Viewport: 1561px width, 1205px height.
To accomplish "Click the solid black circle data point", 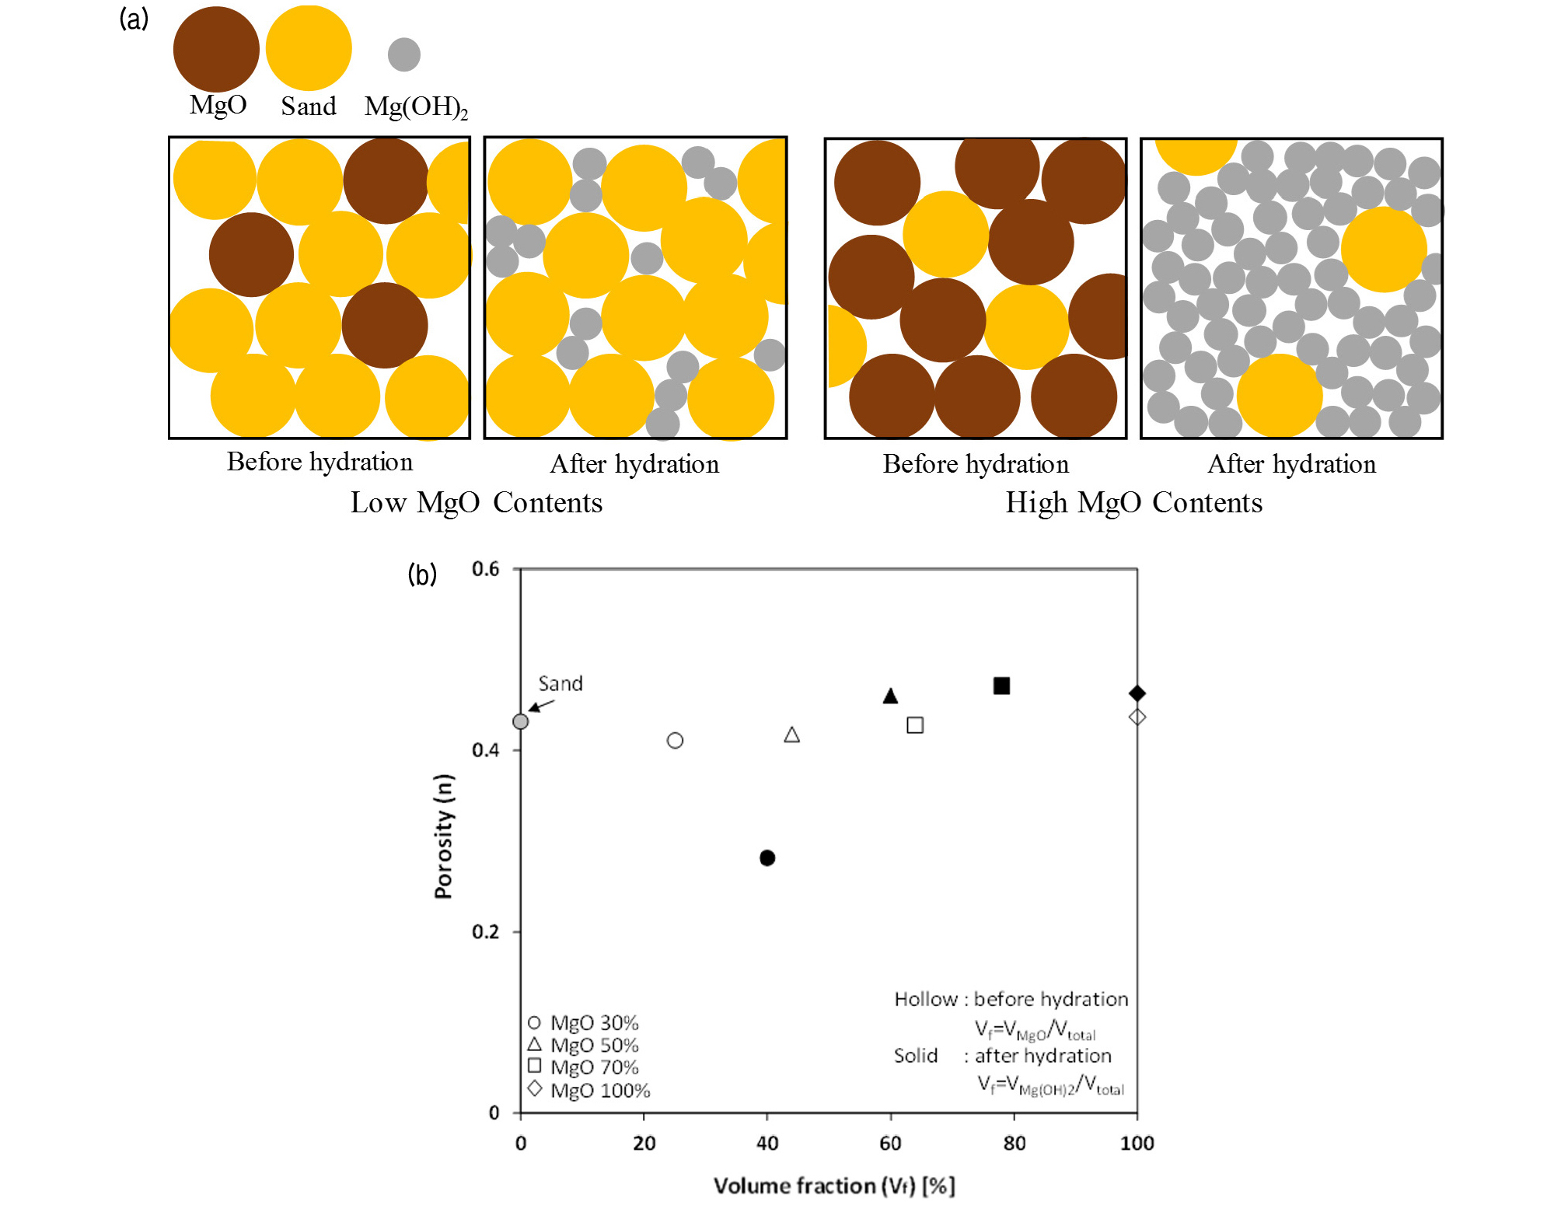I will pyautogui.click(x=767, y=857).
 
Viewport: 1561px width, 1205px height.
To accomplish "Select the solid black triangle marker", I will pyautogui.click(x=891, y=696).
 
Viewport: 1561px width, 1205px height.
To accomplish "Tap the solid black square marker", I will pyautogui.click(x=1001, y=686).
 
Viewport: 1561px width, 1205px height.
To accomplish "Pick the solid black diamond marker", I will pyautogui.click(x=1137, y=693).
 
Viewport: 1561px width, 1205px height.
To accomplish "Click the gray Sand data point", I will pyautogui.click(x=521, y=721).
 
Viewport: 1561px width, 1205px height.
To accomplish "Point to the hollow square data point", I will pyautogui.click(x=915, y=725).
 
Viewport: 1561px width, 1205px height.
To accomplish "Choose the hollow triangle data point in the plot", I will pyautogui.click(x=791, y=735).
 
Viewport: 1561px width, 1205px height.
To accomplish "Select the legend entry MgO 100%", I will pyautogui.click(x=589, y=1090).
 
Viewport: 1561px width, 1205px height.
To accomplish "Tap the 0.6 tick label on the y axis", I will pyautogui.click(x=486, y=569).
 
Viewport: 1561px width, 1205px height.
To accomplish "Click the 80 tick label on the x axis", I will pyautogui.click(x=1014, y=1143).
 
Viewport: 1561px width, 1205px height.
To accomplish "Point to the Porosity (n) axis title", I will pyautogui.click(x=444, y=837).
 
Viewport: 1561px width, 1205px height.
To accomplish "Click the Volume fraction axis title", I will pyautogui.click(x=834, y=1186).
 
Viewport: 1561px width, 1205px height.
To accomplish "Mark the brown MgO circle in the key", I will pyautogui.click(x=216, y=49).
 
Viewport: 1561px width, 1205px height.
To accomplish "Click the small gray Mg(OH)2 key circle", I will pyautogui.click(x=404, y=54).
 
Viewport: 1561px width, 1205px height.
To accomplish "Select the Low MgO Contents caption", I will pyautogui.click(x=476, y=502).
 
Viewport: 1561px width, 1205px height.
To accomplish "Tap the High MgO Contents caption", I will pyautogui.click(x=1133, y=502).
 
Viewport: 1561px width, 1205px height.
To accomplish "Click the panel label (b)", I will pyautogui.click(x=422, y=575).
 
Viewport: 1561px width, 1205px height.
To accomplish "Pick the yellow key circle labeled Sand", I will pyautogui.click(x=309, y=48).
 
